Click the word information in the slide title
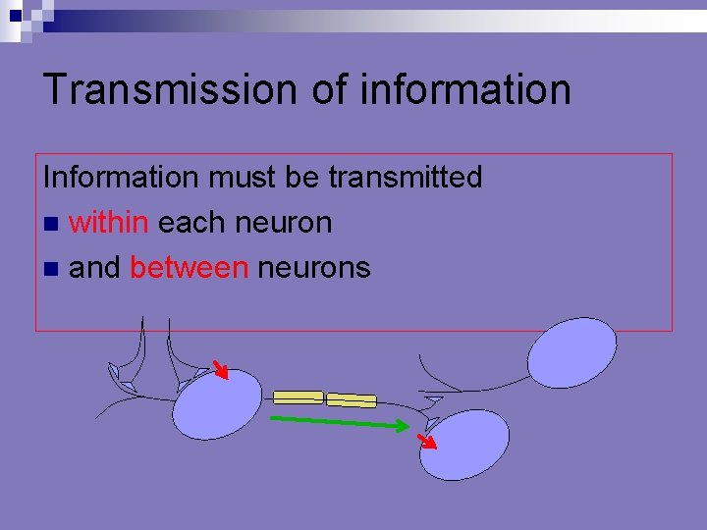(x=465, y=88)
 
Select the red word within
(x=109, y=223)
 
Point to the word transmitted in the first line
(x=406, y=178)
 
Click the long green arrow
(x=340, y=423)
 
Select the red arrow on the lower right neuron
(x=426, y=440)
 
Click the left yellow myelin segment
(x=298, y=397)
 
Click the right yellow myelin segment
(x=351, y=399)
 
